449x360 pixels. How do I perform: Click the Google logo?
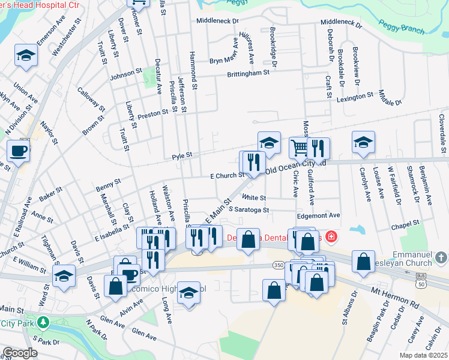pos(20,353)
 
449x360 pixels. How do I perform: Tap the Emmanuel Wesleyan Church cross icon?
pos(441,258)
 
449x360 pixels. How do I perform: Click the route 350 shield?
pos(277,264)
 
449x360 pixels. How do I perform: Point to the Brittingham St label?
pos(248,73)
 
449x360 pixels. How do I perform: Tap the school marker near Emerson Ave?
pos(26,55)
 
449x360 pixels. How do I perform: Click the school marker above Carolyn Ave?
pos(363,142)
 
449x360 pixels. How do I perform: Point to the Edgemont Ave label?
pos(318,215)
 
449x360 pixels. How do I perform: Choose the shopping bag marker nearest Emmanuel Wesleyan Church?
pos(363,262)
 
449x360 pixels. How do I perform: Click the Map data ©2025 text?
pos(423,355)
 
